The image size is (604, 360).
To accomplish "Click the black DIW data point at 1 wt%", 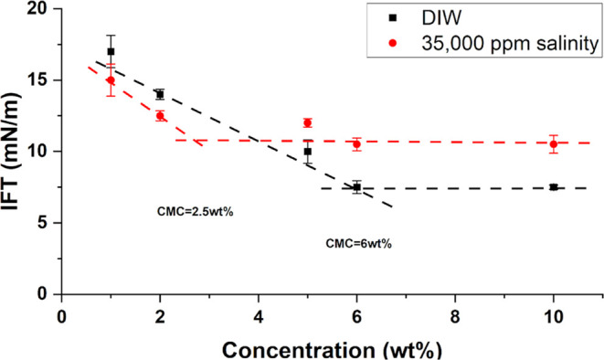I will tap(111, 51).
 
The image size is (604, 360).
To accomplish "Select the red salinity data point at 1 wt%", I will tap(111, 80).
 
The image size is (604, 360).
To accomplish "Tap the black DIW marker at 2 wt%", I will tap(160, 94).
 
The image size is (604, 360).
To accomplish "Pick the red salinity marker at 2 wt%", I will tap(160, 116).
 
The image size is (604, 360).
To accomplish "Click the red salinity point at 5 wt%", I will tap(307, 122).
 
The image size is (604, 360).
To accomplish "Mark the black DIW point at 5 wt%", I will tap(307, 152).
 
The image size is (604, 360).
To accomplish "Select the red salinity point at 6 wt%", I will tap(356, 144).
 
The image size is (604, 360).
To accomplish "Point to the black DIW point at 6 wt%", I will tap(356, 187).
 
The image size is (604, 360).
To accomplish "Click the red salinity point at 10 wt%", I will tap(553, 144).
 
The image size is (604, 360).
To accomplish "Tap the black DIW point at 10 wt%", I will tap(553, 186).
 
